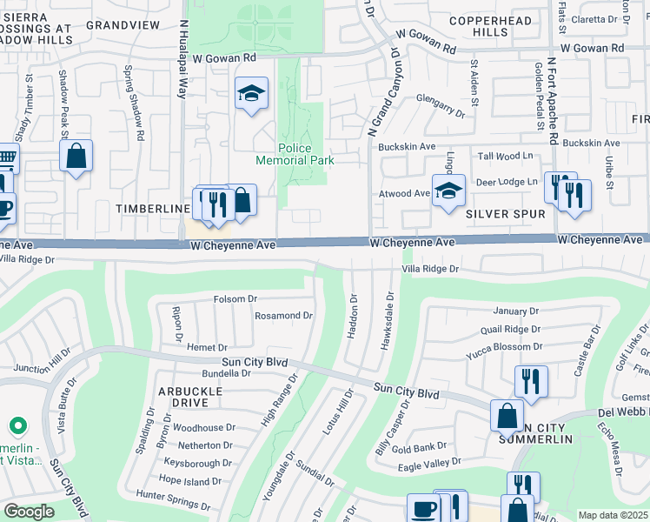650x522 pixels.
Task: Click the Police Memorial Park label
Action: (295, 154)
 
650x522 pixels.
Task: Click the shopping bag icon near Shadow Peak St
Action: (76, 157)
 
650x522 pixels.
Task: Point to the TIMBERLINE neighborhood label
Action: (153, 210)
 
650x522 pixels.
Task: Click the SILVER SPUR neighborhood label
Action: (505, 214)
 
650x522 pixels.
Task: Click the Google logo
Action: (28, 512)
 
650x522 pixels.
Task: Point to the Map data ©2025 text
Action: (612, 515)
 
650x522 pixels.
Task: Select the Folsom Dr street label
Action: (235, 299)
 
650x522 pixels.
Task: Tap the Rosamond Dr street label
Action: (282, 316)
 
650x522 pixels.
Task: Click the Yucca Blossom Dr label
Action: (503, 345)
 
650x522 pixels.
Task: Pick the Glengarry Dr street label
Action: (441, 106)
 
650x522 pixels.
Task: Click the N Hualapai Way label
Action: (183, 61)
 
